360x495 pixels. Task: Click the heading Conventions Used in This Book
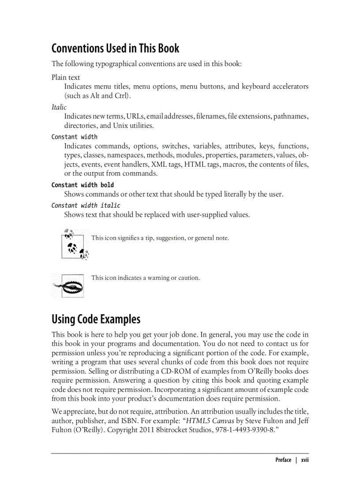[x=115, y=48]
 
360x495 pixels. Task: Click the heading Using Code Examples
[x=96, y=319]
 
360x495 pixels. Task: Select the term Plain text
[x=66, y=78]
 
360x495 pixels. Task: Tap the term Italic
[x=59, y=107]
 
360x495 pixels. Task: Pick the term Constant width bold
[x=82, y=185]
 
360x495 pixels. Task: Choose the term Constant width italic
[x=86, y=205]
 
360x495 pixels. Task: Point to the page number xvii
[x=305, y=460]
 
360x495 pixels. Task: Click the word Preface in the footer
[x=283, y=460]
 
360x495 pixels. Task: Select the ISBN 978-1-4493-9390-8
[x=243, y=430]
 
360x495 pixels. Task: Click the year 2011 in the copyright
[x=148, y=430]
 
